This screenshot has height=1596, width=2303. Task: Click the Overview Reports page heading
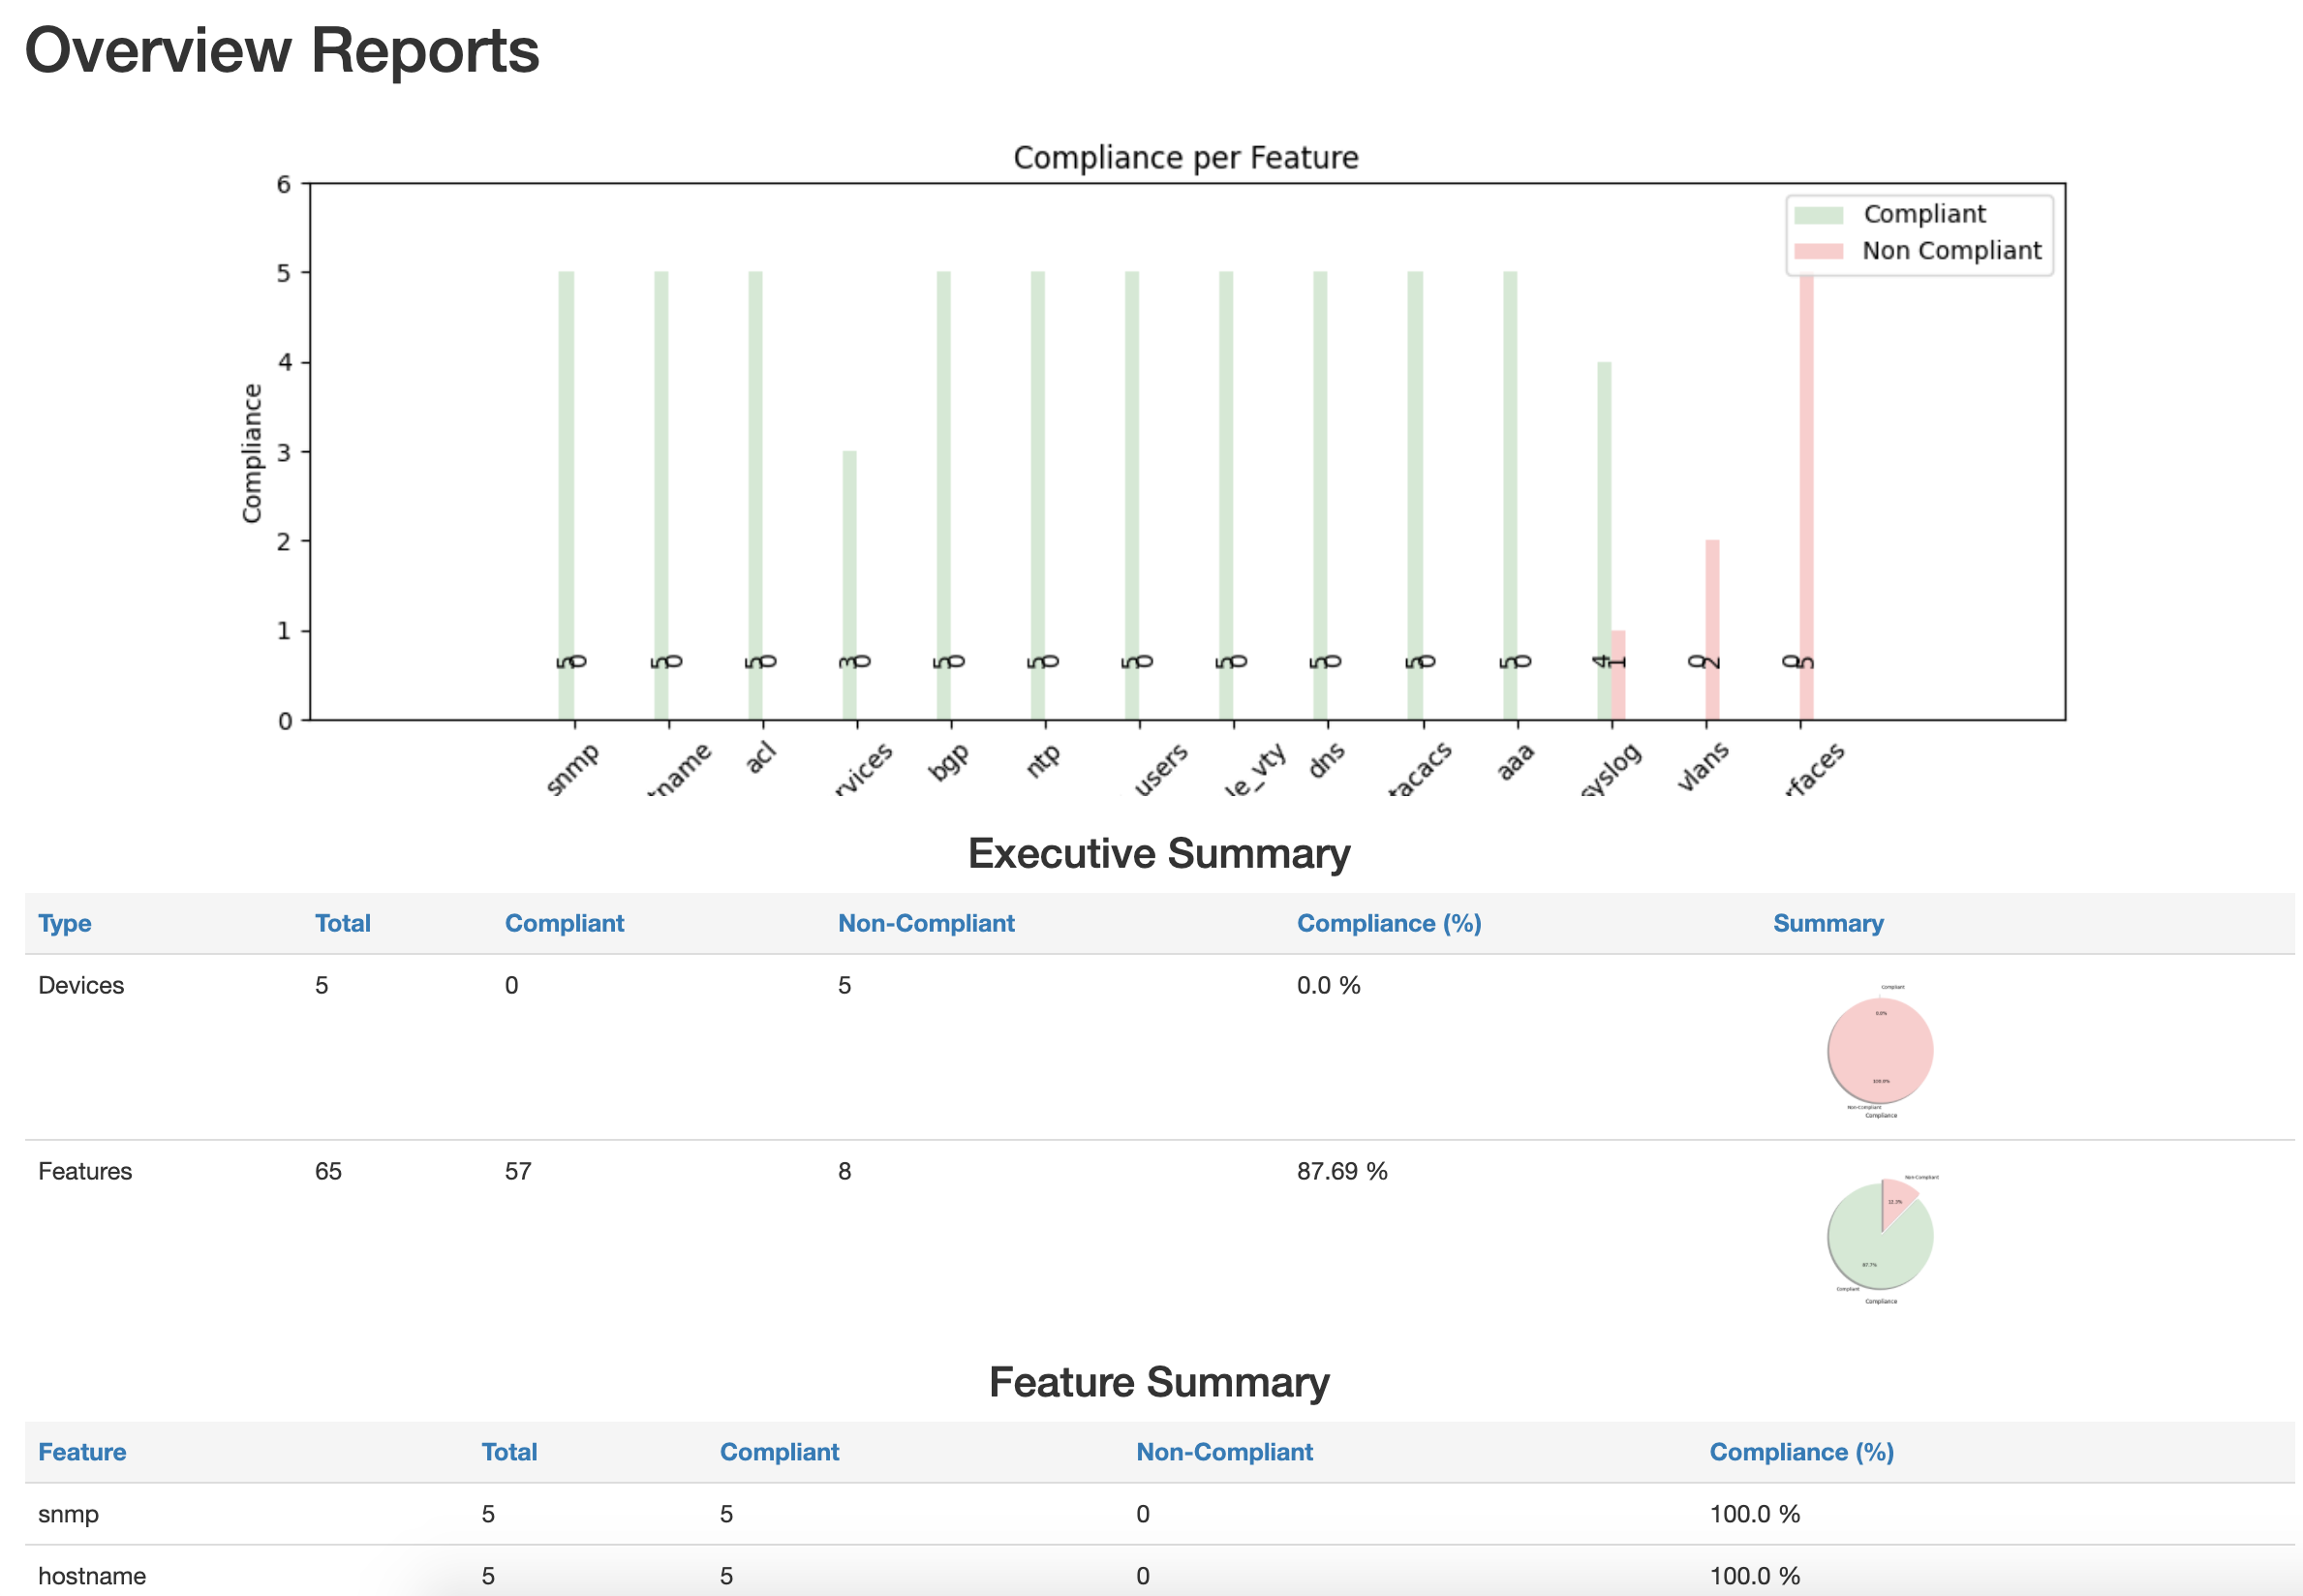tap(281, 50)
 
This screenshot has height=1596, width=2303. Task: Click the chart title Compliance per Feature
tap(1185, 158)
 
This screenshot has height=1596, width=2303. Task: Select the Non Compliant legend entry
tap(1950, 251)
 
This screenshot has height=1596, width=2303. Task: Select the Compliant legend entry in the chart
tap(1923, 214)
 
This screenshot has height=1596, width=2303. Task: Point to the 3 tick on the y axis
tap(284, 452)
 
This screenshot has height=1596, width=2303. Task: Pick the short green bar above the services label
tap(849, 560)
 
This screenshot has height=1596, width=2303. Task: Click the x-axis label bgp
tap(948, 762)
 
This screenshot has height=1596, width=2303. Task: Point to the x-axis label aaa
tap(1514, 763)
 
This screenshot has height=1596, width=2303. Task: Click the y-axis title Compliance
tap(251, 452)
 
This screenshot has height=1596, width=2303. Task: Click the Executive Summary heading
tap(1158, 854)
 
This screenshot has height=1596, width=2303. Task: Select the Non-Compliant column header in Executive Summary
tap(925, 923)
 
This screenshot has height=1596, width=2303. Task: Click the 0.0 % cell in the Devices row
tap(1328, 985)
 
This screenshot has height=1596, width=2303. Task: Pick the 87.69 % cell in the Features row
tap(1341, 1171)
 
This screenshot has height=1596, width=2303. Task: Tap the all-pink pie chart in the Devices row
tap(1879, 1050)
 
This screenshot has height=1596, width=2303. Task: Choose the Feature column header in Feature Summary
tap(82, 1452)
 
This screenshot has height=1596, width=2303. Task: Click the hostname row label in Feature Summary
tap(92, 1576)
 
